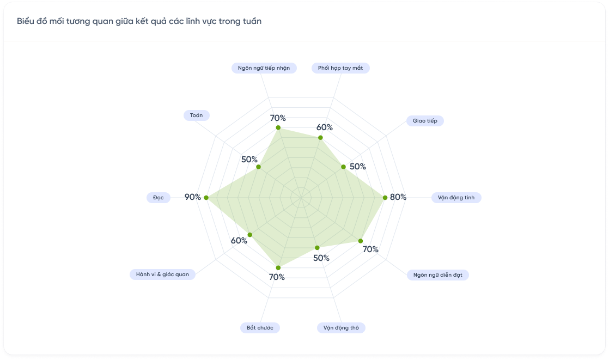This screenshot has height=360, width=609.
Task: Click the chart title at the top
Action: (139, 21)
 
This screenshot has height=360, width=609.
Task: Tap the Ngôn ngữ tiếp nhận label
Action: (264, 68)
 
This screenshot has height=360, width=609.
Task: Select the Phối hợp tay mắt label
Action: (340, 68)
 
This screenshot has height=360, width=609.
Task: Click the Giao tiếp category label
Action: (425, 121)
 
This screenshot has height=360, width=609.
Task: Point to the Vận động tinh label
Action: (456, 198)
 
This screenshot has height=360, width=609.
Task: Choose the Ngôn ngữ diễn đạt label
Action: (437, 275)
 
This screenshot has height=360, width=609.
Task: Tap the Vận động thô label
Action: (341, 328)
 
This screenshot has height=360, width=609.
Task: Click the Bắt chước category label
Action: (260, 328)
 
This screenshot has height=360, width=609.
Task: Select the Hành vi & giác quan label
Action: (162, 274)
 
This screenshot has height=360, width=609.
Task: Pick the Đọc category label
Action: (159, 198)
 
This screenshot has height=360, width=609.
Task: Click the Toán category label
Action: (196, 115)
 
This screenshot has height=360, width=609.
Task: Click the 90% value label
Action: (193, 197)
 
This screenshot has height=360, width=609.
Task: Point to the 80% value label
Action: (398, 197)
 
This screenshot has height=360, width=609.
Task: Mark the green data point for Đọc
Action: (206, 198)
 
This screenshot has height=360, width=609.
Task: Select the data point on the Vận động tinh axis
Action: (385, 198)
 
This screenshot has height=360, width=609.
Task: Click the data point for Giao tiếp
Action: (343, 167)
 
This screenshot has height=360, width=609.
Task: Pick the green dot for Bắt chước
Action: (278, 267)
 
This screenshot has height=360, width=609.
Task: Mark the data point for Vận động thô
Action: (318, 248)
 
